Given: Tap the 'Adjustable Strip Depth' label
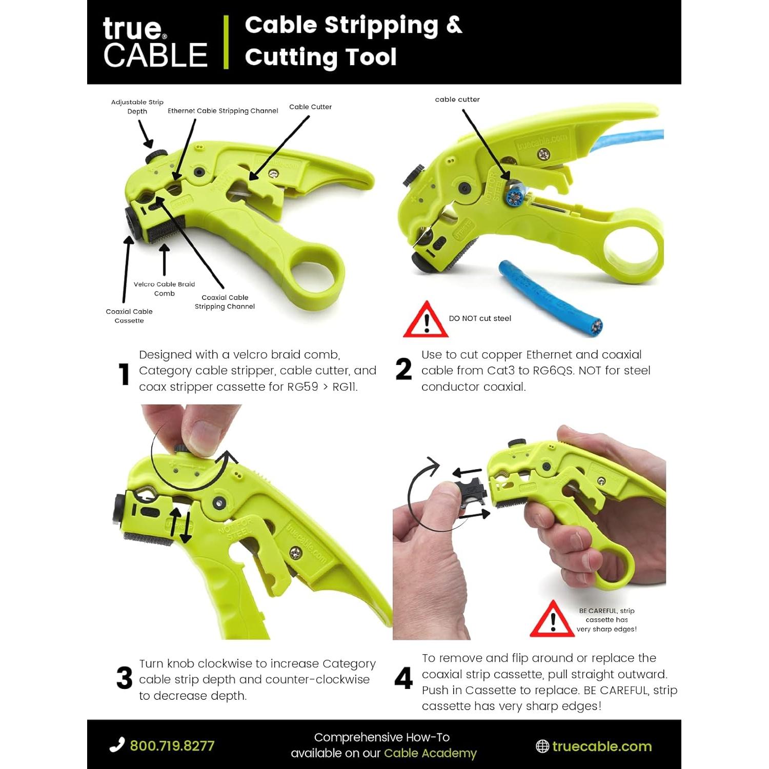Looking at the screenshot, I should pos(137,107).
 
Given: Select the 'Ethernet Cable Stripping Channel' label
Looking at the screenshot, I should pos(222,111).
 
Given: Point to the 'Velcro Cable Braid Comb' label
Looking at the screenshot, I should pos(164,289).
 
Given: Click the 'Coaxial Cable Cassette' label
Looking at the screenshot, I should pos(129,316).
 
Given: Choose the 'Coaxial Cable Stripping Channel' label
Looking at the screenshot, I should pos(225,302).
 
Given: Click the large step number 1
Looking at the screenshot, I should pos(124,374).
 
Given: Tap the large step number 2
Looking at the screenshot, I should pos(403,369).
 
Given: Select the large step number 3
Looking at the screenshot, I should pos(124,678).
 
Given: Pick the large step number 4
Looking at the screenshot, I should pos(403,678).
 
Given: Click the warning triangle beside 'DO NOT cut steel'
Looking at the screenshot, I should pos(426,320).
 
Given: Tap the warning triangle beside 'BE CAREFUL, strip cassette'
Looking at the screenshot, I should pos(552,620).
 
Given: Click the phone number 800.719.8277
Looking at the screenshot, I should pos(172,746).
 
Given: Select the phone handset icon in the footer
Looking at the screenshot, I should pos(117,745).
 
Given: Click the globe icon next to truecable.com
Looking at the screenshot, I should pos(542,746).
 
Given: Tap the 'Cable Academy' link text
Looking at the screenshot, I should pos(430,753).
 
